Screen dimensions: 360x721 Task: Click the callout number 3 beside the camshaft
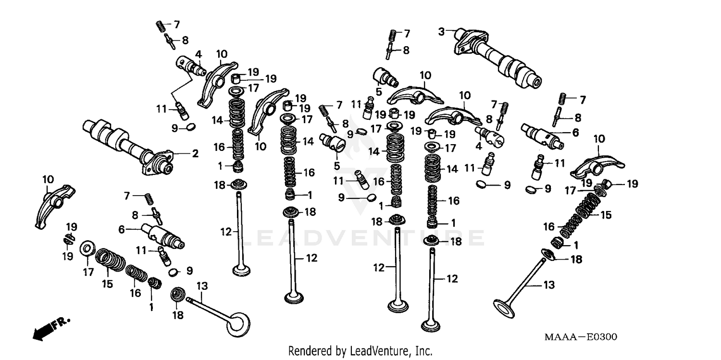click(441, 32)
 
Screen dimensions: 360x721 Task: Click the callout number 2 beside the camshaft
click(195, 154)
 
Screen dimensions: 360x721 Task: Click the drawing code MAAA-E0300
click(581, 337)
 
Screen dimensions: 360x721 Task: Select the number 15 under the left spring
click(107, 284)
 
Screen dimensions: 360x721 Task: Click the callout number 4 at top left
click(198, 55)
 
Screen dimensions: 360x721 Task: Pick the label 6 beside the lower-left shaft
click(122, 230)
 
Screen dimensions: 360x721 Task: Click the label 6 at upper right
click(575, 132)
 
